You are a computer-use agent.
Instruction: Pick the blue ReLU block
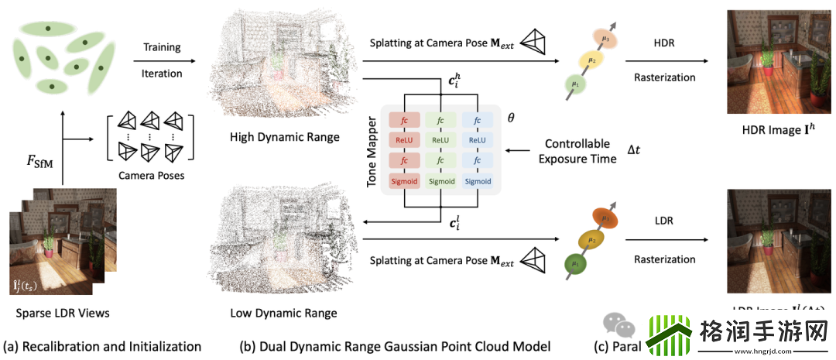[477, 140]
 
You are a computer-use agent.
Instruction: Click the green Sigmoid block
[441, 181]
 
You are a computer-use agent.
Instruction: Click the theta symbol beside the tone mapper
[510, 118]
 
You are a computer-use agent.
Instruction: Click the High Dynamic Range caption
[284, 137]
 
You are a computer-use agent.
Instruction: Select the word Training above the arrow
[163, 48]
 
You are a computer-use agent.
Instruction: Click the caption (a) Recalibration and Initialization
[102, 346]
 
